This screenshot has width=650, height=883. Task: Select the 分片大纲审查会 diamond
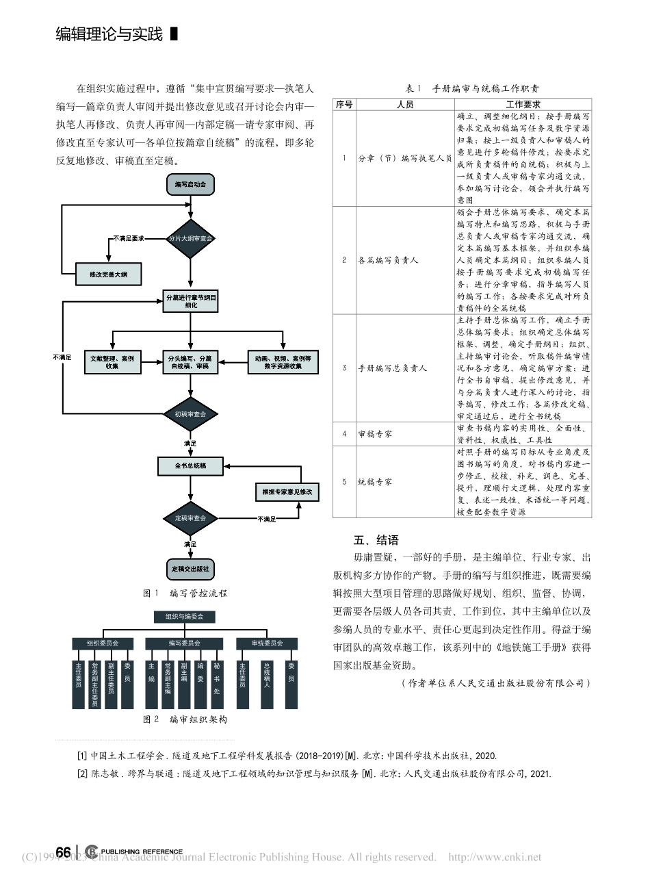tap(190, 239)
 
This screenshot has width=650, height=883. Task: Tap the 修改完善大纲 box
tap(107, 274)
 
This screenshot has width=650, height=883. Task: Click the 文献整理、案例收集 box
tap(112, 362)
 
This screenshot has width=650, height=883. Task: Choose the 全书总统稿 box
tap(190, 466)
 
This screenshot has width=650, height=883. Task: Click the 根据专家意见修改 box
tap(287, 492)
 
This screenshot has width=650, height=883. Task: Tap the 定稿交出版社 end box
tap(190, 569)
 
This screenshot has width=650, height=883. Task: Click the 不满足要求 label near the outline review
tap(129, 238)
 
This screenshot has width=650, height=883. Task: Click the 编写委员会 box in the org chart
tap(184, 643)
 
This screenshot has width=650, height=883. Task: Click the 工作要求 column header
tap(523, 105)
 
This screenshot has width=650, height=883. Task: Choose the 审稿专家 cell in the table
tap(375, 434)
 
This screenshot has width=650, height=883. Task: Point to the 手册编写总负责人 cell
tap(392, 368)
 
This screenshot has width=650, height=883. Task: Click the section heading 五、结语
tap(376, 540)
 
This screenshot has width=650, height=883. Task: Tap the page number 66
tap(63, 852)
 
